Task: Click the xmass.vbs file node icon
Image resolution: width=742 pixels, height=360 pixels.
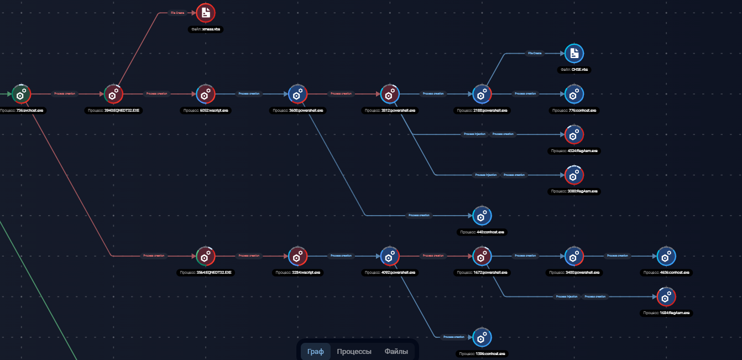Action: [x=206, y=12]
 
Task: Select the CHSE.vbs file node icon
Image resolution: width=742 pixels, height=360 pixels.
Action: [x=574, y=53]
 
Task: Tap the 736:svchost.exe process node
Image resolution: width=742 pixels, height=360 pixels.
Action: [x=21, y=94]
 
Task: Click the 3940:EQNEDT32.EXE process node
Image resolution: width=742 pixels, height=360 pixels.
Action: [x=113, y=94]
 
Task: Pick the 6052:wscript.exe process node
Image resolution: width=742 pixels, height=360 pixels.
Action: [x=206, y=94]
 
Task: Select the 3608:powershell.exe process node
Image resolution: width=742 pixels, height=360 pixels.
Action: [x=298, y=94]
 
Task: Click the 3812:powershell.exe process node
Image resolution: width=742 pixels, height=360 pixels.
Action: [x=390, y=94]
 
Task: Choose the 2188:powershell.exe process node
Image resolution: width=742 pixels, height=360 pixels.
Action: [x=482, y=94]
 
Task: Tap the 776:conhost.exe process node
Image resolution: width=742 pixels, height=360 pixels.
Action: [x=574, y=94]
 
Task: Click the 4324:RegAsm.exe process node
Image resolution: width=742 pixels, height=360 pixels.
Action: [x=574, y=134]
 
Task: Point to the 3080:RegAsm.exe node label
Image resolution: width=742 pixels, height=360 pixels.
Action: [x=574, y=191]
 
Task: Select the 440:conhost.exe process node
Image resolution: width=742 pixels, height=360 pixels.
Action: [x=482, y=216]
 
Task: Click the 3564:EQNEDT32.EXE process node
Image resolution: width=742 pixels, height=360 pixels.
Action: [x=206, y=257]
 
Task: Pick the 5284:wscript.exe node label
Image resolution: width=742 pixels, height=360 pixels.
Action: [x=298, y=273]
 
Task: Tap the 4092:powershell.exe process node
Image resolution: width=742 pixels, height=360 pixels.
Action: [x=390, y=257]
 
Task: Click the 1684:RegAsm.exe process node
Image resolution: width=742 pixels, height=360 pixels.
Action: [x=666, y=297]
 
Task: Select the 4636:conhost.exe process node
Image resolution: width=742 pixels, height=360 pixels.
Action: [x=666, y=257]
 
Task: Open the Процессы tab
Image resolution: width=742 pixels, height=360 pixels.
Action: [x=354, y=352]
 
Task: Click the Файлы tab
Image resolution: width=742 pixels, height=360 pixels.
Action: [x=396, y=352]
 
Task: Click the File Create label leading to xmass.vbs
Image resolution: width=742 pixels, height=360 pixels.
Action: [x=177, y=12]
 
